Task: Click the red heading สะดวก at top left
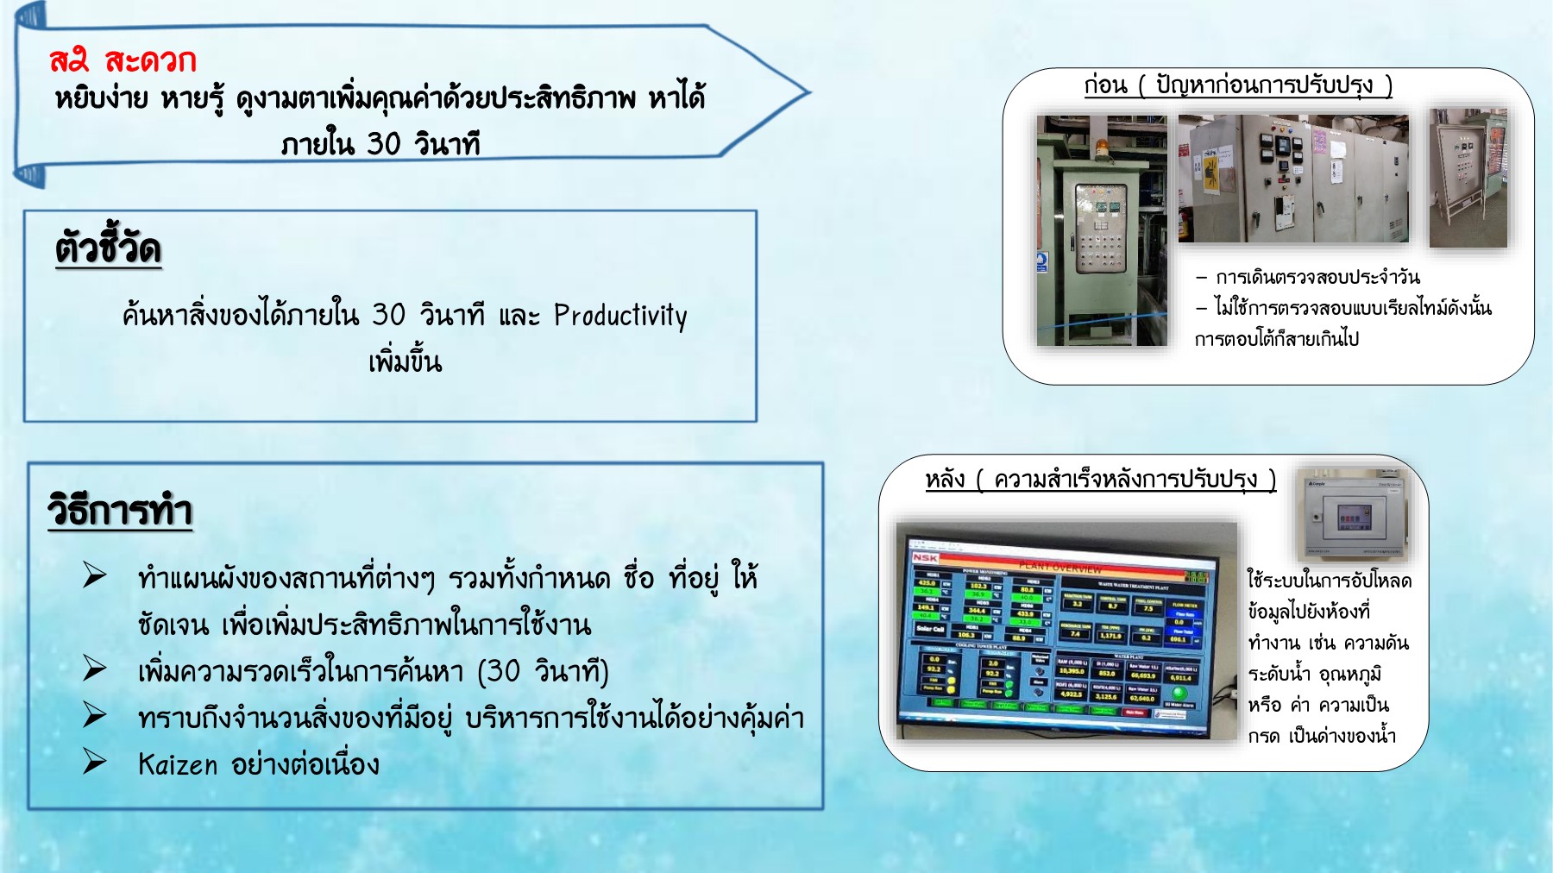coord(151,60)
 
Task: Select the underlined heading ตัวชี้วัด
coord(109,248)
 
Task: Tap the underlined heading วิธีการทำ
coord(120,511)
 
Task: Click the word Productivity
coord(620,316)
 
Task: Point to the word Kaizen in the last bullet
coord(178,764)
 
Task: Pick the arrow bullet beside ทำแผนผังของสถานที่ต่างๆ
coord(94,575)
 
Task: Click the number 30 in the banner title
coord(383,143)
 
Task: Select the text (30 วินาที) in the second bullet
coord(544,671)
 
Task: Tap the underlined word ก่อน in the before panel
coord(1106,85)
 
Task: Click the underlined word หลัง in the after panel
coord(945,479)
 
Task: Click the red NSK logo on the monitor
coord(926,558)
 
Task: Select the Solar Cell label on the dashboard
coord(930,629)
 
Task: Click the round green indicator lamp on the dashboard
coord(1179,692)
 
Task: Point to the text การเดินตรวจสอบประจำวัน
coord(1317,278)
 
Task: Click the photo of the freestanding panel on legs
coord(1468,178)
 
